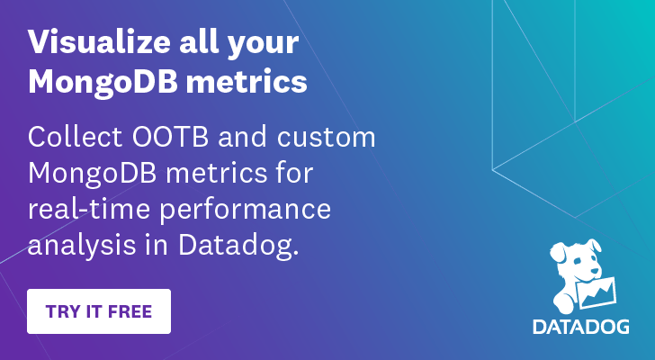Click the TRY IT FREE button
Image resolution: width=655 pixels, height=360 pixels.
pyautogui.click(x=99, y=311)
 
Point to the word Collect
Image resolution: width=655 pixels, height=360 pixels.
pyautogui.click(x=76, y=139)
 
